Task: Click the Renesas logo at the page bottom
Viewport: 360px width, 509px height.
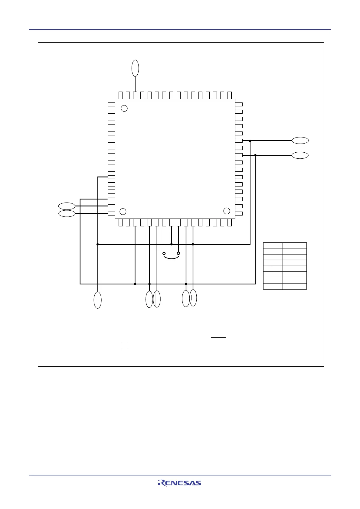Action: click(x=179, y=483)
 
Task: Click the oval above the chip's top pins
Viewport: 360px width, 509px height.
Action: click(x=135, y=68)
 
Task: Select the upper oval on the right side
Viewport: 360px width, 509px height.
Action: click(x=300, y=141)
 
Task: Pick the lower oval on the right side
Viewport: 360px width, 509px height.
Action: click(x=300, y=155)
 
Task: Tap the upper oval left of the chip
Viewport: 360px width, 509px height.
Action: click(x=67, y=206)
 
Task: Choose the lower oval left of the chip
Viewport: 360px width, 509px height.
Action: click(x=67, y=213)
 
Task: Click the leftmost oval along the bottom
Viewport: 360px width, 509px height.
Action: click(x=97, y=300)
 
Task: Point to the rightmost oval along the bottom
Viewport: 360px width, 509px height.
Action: click(x=193, y=298)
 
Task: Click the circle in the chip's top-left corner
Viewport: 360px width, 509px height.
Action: click(x=124, y=108)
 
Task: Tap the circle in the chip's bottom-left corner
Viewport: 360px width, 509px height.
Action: click(x=123, y=211)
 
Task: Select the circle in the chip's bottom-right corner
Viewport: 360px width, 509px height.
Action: click(x=227, y=211)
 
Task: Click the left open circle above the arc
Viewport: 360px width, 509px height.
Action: click(x=164, y=253)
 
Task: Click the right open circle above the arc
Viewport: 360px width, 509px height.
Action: click(x=178, y=253)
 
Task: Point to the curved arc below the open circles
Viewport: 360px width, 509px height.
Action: click(x=171, y=258)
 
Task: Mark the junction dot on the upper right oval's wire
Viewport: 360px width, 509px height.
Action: click(x=250, y=141)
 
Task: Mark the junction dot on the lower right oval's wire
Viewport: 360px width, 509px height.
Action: click(x=255, y=155)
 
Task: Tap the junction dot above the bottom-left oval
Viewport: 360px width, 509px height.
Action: click(x=97, y=244)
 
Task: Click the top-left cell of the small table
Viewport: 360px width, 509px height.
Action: click(x=273, y=245)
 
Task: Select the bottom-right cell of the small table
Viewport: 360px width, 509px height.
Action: click(x=295, y=287)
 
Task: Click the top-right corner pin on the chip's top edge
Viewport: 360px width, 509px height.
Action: click(x=230, y=95)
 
